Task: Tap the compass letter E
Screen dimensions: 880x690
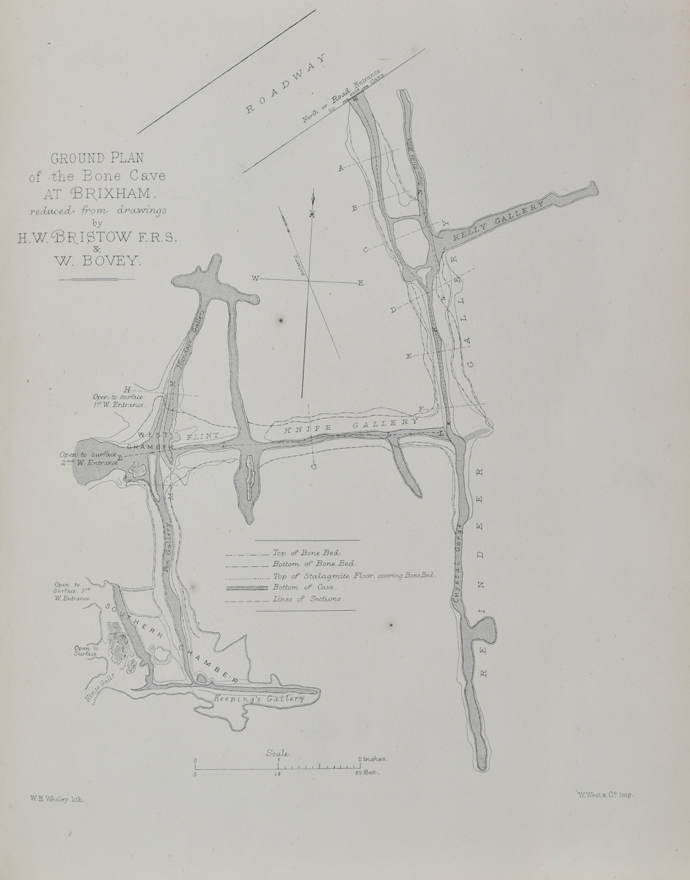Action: (360, 283)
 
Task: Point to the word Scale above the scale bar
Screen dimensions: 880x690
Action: (279, 753)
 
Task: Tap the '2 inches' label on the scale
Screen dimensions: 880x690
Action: (372, 759)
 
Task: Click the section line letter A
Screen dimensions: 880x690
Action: (340, 169)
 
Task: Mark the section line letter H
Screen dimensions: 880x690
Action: (127, 389)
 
